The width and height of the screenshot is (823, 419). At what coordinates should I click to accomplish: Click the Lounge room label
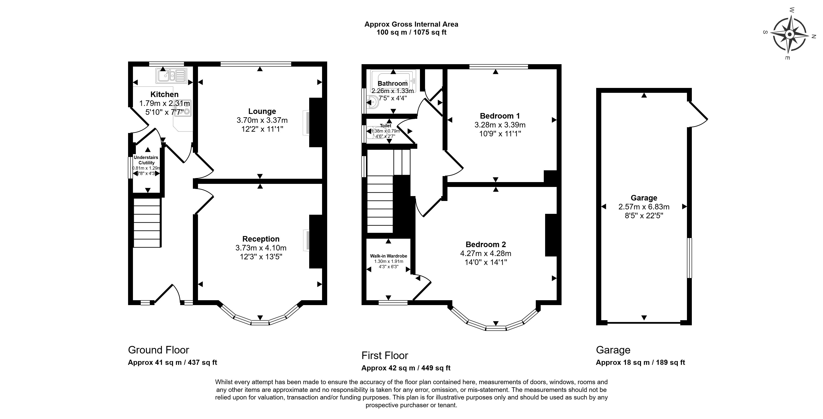point(262,111)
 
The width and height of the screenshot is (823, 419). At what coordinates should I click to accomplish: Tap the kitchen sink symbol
point(171,76)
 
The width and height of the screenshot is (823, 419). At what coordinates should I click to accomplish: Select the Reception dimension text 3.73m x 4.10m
point(261,248)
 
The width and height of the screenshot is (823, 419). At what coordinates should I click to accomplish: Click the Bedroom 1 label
point(500,116)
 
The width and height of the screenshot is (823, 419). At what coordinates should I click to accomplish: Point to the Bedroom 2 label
point(486,244)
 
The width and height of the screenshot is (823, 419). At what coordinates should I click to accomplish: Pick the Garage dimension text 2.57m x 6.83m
point(644,207)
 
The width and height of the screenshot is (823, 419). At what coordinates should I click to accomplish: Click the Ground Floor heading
point(158,350)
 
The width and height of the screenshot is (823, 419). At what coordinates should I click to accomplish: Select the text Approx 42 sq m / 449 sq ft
point(406,368)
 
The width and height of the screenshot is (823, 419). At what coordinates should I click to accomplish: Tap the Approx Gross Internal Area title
point(411,24)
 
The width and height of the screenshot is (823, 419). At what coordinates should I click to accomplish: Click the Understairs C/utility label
point(146,160)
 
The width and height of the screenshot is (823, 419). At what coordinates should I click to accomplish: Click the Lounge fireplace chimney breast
point(316,122)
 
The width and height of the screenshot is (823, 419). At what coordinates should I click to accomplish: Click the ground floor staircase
point(147,223)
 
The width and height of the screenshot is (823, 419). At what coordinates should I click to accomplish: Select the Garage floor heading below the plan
point(613,350)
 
